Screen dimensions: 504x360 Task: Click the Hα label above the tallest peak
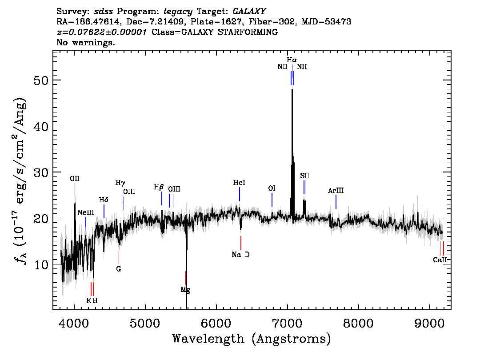pyautogui.click(x=292, y=60)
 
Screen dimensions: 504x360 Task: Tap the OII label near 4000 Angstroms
pyautogui.click(x=75, y=179)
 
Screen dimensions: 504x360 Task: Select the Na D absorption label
pyautogui.click(x=240, y=255)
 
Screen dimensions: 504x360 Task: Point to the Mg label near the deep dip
pyautogui.click(x=185, y=290)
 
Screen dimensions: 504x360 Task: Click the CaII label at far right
pyautogui.click(x=440, y=260)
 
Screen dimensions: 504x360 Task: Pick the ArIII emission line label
pyautogui.click(x=336, y=191)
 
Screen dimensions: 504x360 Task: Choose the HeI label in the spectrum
pyautogui.click(x=239, y=183)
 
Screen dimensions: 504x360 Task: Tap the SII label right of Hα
pyautogui.click(x=305, y=176)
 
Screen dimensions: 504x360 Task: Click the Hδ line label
pyautogui.click(x=104, y=200)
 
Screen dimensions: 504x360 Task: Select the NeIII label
pyautogui.click(x=86, y=212)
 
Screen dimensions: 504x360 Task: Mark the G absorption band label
pyautogui.click(x=119, y=269)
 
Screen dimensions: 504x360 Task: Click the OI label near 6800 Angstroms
pyautogui.click(x=272, y=188)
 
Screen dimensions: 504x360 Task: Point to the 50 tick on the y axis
pyautogui.click(x=41, y=80)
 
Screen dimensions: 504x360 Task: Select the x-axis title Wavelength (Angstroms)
pyautogui.click(x=252, y=339)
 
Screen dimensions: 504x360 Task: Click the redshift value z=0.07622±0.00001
pyautogui.click(x=102, y=32)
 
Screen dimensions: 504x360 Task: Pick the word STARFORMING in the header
pyautogui.click(x=248, y=32)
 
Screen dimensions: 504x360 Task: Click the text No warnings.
pyautogui.click(x=85, y=42)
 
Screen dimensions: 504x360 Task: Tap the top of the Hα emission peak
pyautogui.click(x=292, y=89)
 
